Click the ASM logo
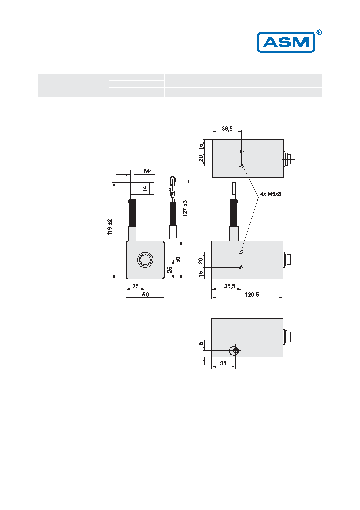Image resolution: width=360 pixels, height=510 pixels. coord(286,42)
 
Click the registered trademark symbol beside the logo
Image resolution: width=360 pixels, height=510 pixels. coord(319,33)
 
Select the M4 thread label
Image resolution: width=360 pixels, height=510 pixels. coord(148,171)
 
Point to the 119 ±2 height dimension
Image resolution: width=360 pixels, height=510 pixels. coord(110,227)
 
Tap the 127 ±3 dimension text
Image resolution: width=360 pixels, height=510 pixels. coord(185,208)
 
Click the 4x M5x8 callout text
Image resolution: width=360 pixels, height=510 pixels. coord(270,194)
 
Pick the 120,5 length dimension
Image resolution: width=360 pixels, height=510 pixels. coord(252,295)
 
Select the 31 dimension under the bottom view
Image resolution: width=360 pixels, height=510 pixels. coord(223,363)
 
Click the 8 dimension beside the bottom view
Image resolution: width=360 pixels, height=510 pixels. coord(201,344)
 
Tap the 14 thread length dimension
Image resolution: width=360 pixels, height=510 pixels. coord(145,189)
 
